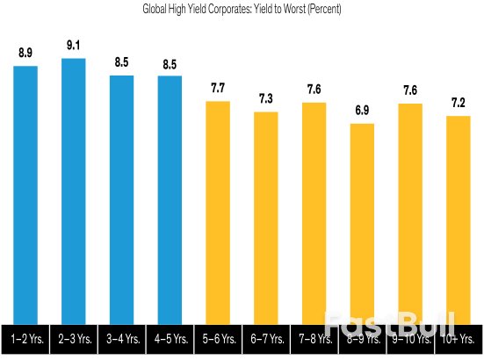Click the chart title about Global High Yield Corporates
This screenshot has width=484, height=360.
point(242,10)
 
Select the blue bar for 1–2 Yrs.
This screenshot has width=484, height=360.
point(25,184)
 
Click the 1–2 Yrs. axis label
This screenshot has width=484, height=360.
point(25,338)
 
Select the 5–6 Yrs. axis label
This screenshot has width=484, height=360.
point(218,338)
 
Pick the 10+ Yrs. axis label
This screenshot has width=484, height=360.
point(459,338)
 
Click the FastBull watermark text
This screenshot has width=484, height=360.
point(386,323)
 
